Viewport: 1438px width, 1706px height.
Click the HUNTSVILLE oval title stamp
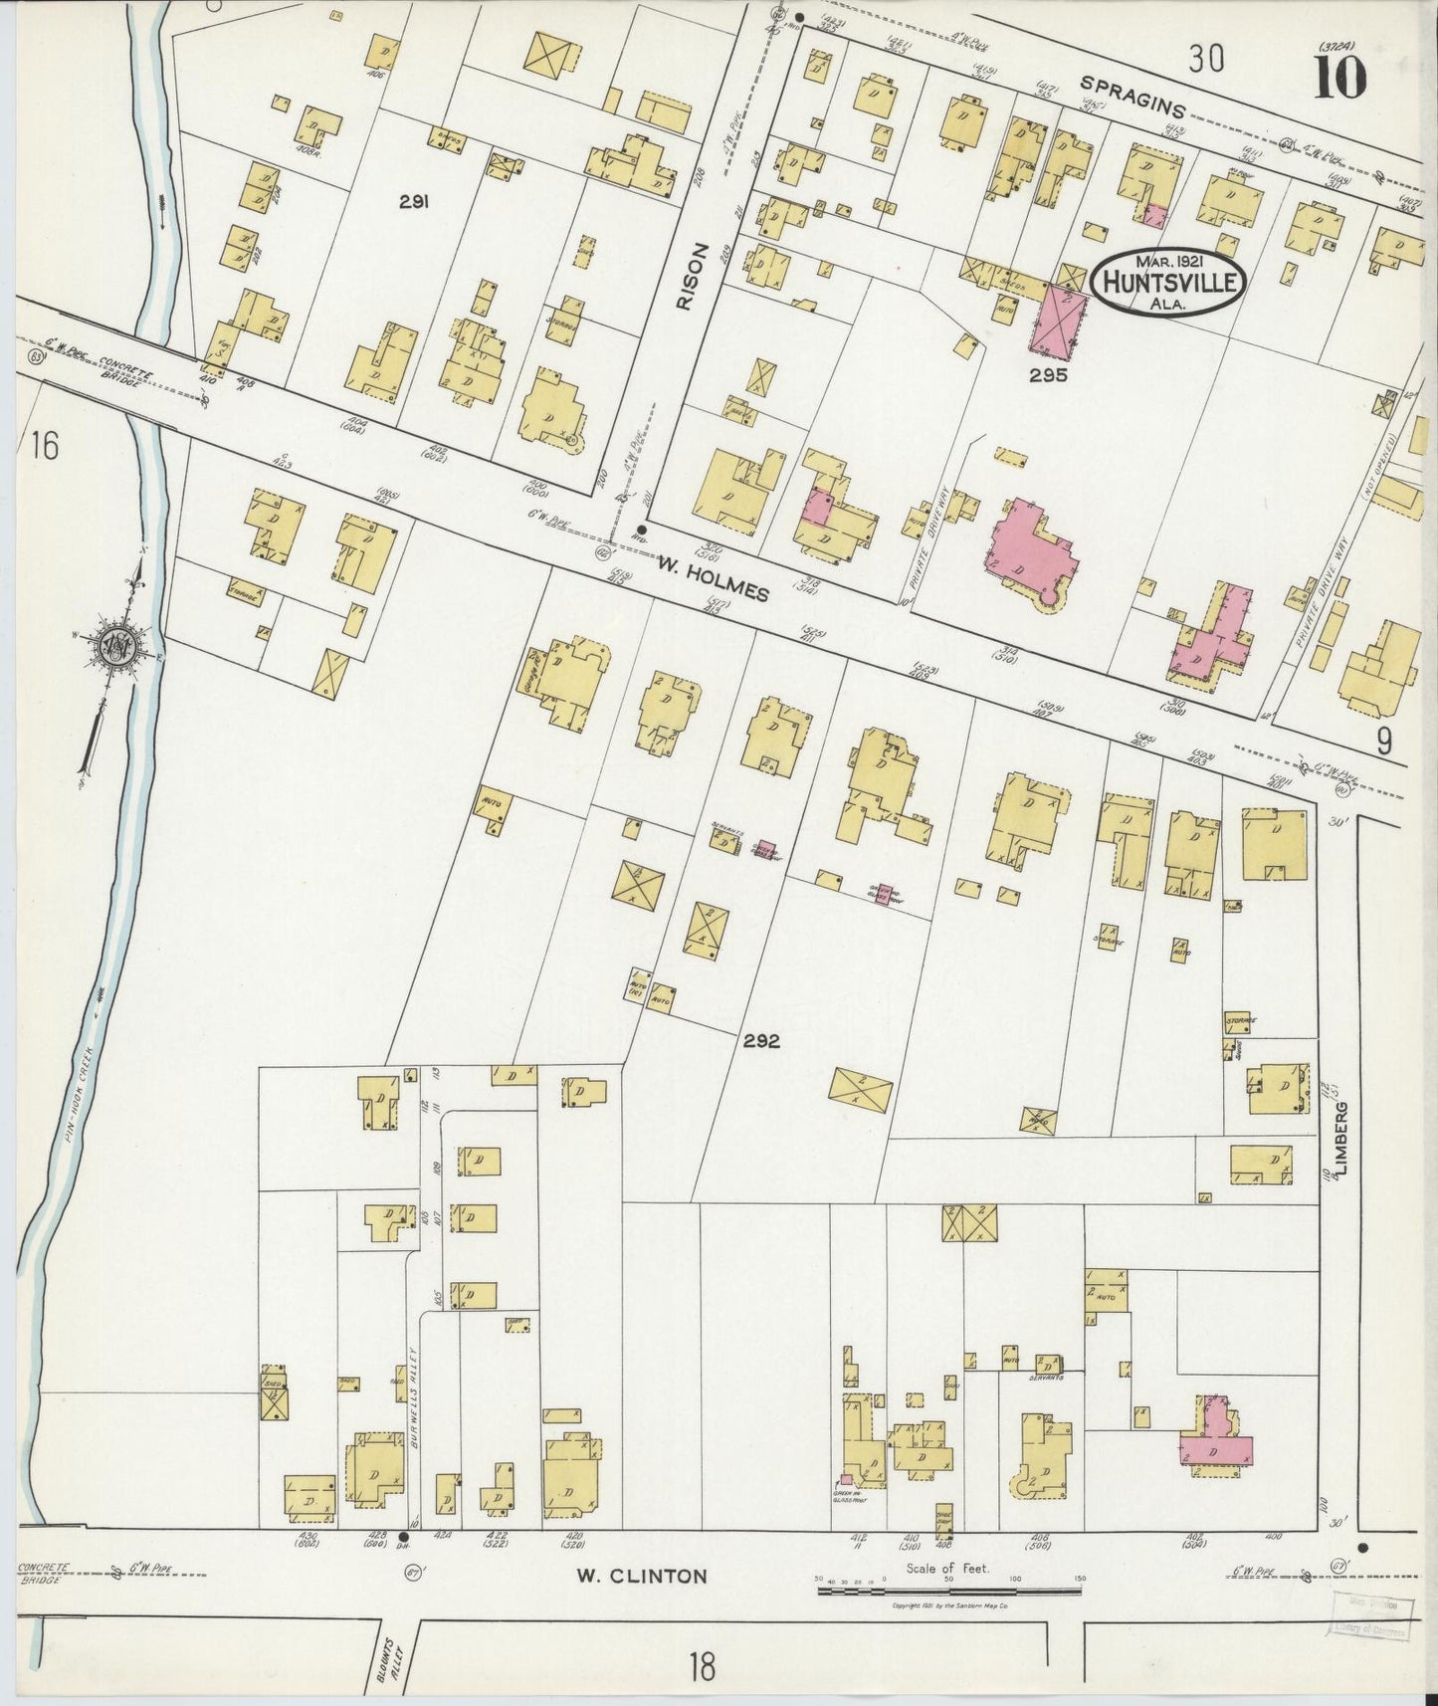(1167, 283)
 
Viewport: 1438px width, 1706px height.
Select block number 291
(414, 201)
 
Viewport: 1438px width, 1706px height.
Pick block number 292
(759, 1042)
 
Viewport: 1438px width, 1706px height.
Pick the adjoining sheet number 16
(43, 446)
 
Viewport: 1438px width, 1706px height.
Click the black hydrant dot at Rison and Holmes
(641, 530)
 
